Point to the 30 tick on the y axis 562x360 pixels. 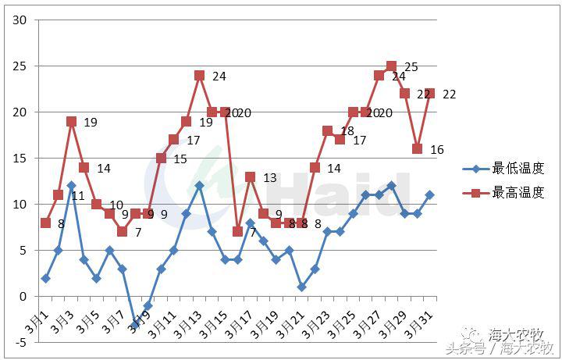(x=20, y=20)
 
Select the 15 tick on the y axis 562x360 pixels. (x=20, y=159)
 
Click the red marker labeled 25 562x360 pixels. (x=392, y=66)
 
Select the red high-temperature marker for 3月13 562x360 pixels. (x=199, y=76)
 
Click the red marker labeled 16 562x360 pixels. (x=417, y=148)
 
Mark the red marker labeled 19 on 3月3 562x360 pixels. (x=71, y=121)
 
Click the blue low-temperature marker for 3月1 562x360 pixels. (x=45, y=278)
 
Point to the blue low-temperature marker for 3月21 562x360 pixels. (x=301, y=287)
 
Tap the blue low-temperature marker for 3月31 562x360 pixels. (x=429, y=194)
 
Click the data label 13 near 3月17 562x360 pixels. (x=270, y=178)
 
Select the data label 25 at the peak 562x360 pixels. (x=411, y=67)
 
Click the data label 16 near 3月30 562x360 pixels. (x=437, y=150)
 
